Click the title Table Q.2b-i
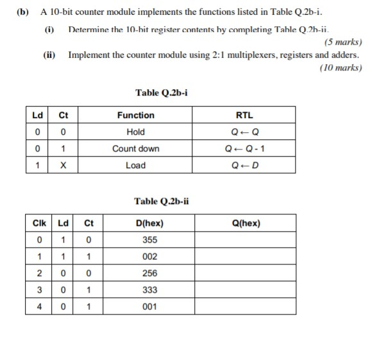(x=161, y=93)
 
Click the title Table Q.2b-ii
(x=162, y=201)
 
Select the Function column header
(x=135, y=116)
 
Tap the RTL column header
(x=244, y=116)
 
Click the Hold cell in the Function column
(x=135, y=132)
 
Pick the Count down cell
(x=135, y=149)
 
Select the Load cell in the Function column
(x=135, y=166)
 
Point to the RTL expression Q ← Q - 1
(x=244, y=149)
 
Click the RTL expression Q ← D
(x=244, y=166)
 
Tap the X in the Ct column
(x=63, y=166)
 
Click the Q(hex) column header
(x=246, y=224)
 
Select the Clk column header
(x=39, y=224)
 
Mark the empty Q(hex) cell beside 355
(x=246, y=241)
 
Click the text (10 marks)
(x=340, y=67)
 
